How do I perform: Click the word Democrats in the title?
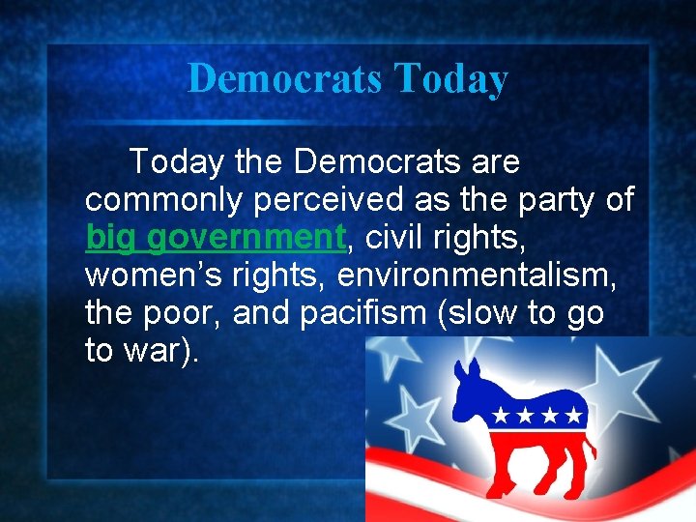[x=284, y=78]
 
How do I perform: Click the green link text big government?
[x=215, y=237]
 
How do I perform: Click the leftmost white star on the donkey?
[x=501, y=418]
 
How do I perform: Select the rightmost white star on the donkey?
[x=575, y=417]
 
